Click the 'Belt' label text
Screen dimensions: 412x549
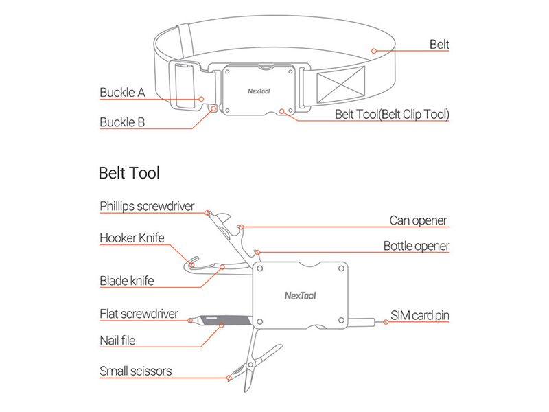coord(439,45)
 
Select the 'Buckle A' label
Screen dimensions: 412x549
coord(122,92)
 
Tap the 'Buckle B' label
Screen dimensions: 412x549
coord(122,123)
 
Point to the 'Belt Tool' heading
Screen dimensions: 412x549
coord(129,173)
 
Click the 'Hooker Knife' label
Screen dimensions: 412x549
coord(132,238)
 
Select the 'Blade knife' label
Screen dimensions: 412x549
coord(126,280)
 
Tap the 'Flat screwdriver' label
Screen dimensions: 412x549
coord(139,314)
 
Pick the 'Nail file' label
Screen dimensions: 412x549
coord(118,339)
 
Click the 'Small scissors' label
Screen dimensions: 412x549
coord(136,371)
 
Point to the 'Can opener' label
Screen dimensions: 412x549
coord(418,220)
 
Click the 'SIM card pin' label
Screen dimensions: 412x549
coord(420,315)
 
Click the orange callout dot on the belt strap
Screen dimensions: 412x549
coord(373,49)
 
